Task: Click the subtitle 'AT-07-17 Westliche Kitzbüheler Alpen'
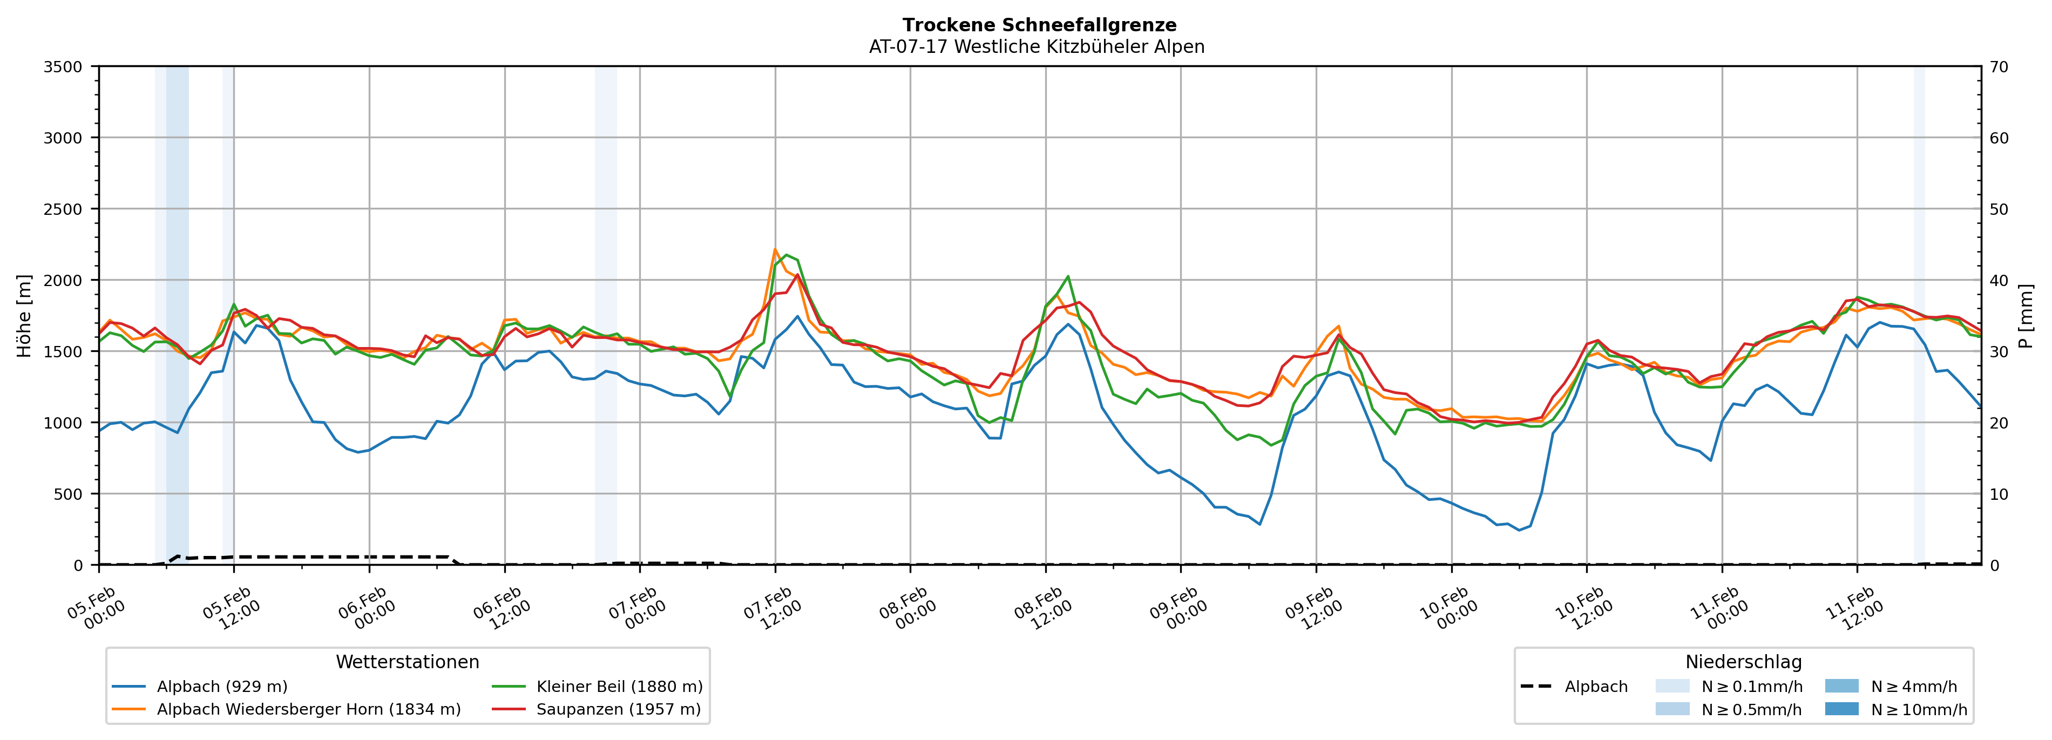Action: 1037,47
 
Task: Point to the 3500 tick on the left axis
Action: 63,67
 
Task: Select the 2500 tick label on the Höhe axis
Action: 63,209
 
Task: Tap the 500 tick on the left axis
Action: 69,494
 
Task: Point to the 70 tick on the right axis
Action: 1999,67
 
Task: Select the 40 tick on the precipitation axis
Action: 1999,280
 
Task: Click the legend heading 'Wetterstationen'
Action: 407,662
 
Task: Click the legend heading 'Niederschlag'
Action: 1743,662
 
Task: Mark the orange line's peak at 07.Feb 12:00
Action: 775,249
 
